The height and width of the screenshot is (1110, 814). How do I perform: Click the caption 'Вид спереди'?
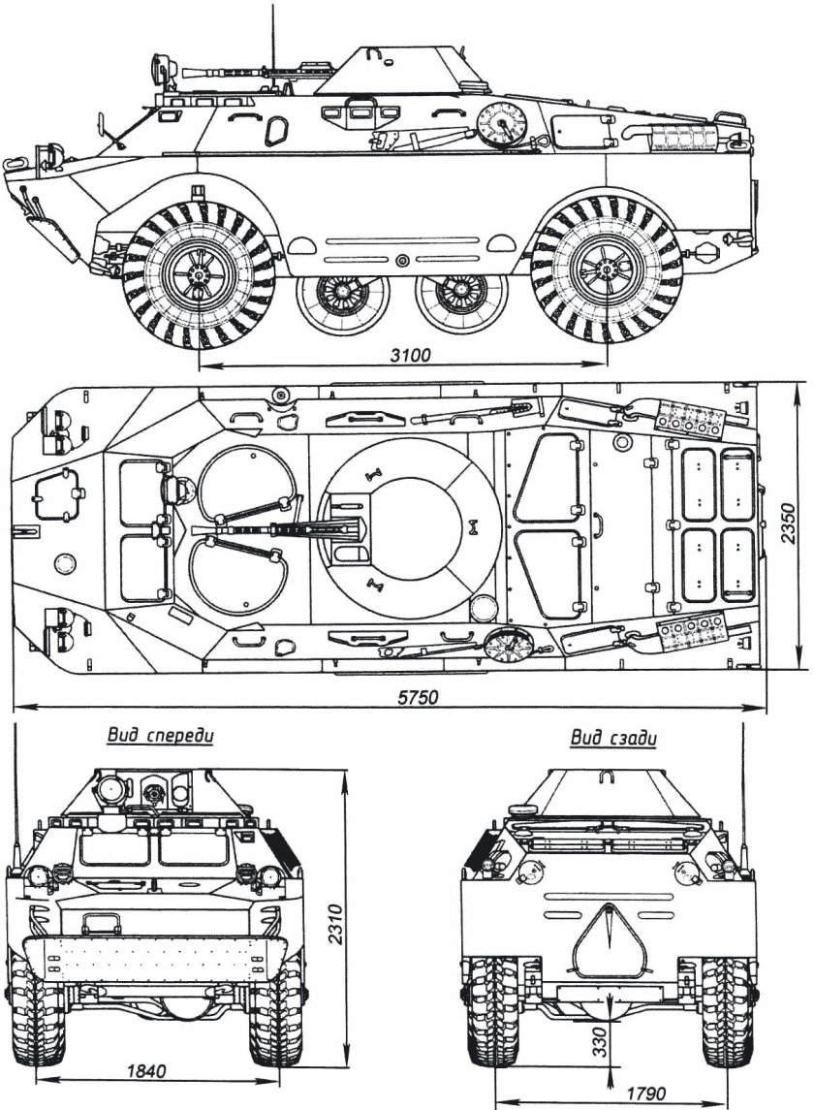[x=160, y=736]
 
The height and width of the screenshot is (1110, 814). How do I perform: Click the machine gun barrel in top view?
[x=262, y=529]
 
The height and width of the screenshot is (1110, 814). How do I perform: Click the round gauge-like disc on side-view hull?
[x=504, y=123]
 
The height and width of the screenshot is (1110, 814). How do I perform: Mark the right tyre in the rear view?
[x=725, y=1008]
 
